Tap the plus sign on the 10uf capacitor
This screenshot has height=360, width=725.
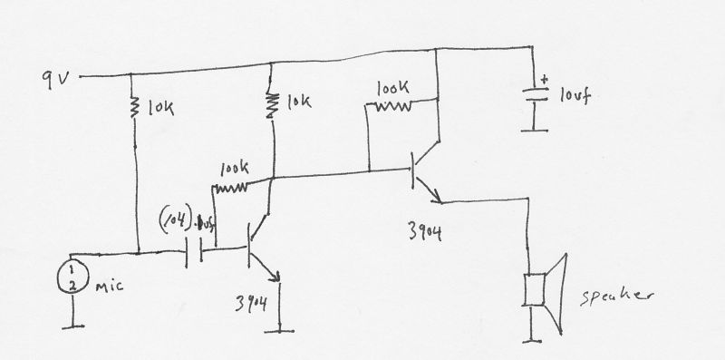tap(544, 79)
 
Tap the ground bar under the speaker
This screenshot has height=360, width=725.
tap(534, 341)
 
